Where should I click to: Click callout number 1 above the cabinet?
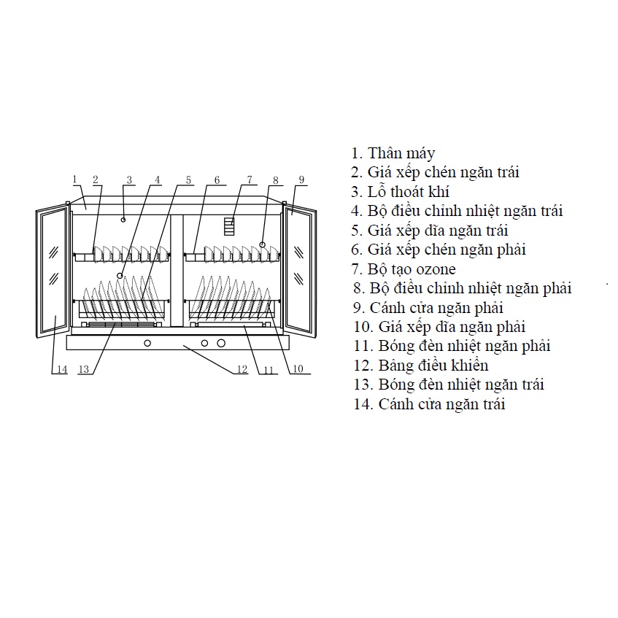tap(75, 179)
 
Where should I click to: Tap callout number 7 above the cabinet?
tap(249, 179)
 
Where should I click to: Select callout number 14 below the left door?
tap(62, 370)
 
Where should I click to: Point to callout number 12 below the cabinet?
tap(242, 370)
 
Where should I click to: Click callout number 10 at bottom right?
tap(297, 369)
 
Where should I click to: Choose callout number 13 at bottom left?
tap(84, 370)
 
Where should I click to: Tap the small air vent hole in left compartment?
tap(124, 219)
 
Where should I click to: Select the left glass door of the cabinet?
tap(53, 273)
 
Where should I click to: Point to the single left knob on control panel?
tap(147, 343)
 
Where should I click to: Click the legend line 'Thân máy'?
tap(393, 153)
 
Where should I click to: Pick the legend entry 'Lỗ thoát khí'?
tap(400, 192)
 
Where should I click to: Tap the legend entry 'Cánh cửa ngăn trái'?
tap(429, 404)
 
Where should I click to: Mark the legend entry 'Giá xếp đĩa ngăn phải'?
tap(439, 327)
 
